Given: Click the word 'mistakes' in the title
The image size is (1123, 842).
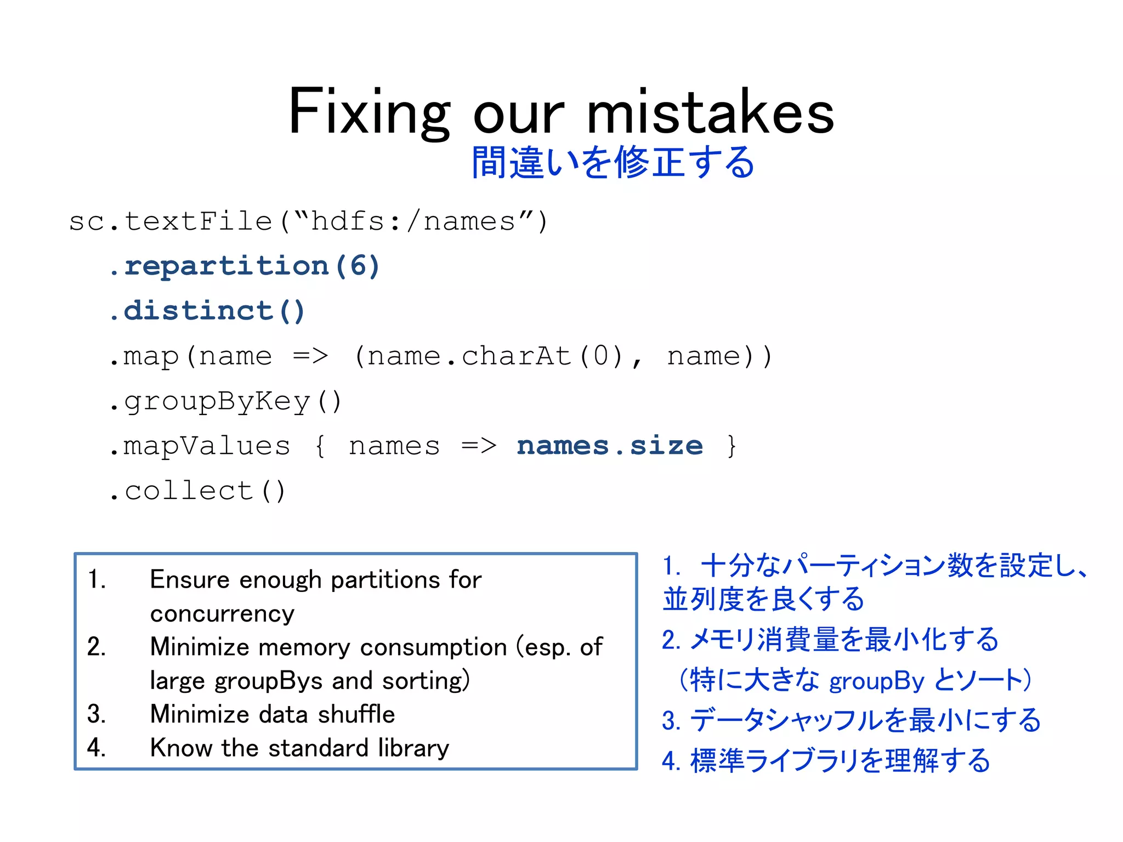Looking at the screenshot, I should [x=711, y=112].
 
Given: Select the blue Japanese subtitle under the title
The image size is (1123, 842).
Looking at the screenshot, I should [x=613, y=162].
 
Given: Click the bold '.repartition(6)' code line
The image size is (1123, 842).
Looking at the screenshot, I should [x=245, y=267].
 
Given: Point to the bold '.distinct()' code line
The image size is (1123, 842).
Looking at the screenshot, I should [x=207, y=311].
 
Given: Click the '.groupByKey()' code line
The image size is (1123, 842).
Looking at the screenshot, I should [x=225, y=401].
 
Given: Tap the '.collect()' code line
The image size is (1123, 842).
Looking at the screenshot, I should [x=197, y=491].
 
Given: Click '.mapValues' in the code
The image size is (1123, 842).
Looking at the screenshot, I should [x=199, y=446].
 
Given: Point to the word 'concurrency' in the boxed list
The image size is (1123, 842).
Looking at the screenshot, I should [x=222, y=613].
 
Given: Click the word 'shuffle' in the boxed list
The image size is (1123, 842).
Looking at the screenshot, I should [x=356, y=714].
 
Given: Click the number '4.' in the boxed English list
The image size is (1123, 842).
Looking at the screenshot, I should [x=97, y=748].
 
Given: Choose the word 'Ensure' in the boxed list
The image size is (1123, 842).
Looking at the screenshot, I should [x=189, y=580].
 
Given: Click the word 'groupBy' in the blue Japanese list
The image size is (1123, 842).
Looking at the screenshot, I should [x=876, y=681].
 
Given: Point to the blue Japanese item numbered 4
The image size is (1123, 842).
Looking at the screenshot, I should [x=826, y=761].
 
